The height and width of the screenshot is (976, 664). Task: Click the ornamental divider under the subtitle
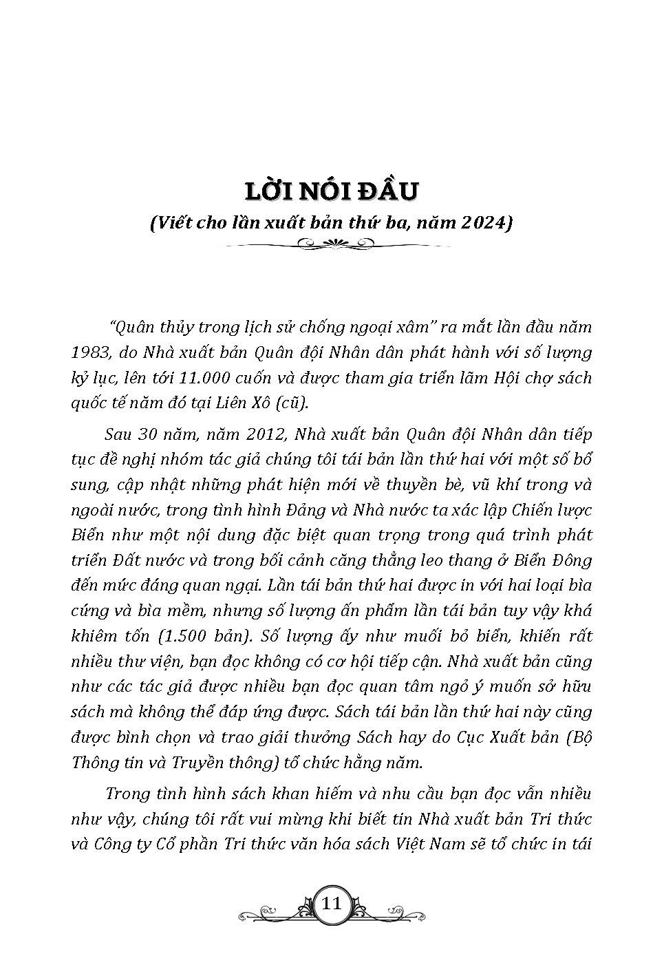(332, 243)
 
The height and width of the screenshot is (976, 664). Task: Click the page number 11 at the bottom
(332, 904)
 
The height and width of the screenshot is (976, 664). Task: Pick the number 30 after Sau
(149, 435)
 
